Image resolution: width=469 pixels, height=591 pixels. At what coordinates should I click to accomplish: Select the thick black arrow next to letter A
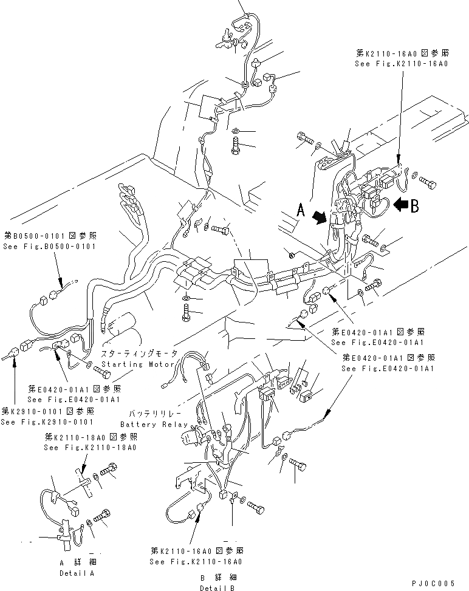319,217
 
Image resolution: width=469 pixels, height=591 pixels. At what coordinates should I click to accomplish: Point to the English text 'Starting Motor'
139,364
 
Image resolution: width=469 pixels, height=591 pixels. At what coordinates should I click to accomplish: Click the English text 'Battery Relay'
154,425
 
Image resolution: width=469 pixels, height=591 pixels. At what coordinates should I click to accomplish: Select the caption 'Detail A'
77,573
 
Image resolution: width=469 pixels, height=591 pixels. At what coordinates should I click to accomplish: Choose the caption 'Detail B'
216,587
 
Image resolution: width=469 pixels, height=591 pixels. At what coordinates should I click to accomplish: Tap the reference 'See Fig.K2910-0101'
47,422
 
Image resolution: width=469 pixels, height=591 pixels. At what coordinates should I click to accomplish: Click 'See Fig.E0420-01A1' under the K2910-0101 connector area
74,400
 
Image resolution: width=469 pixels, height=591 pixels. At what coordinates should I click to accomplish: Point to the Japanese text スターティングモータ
140,354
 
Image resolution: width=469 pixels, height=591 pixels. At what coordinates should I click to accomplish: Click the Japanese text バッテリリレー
154,414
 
